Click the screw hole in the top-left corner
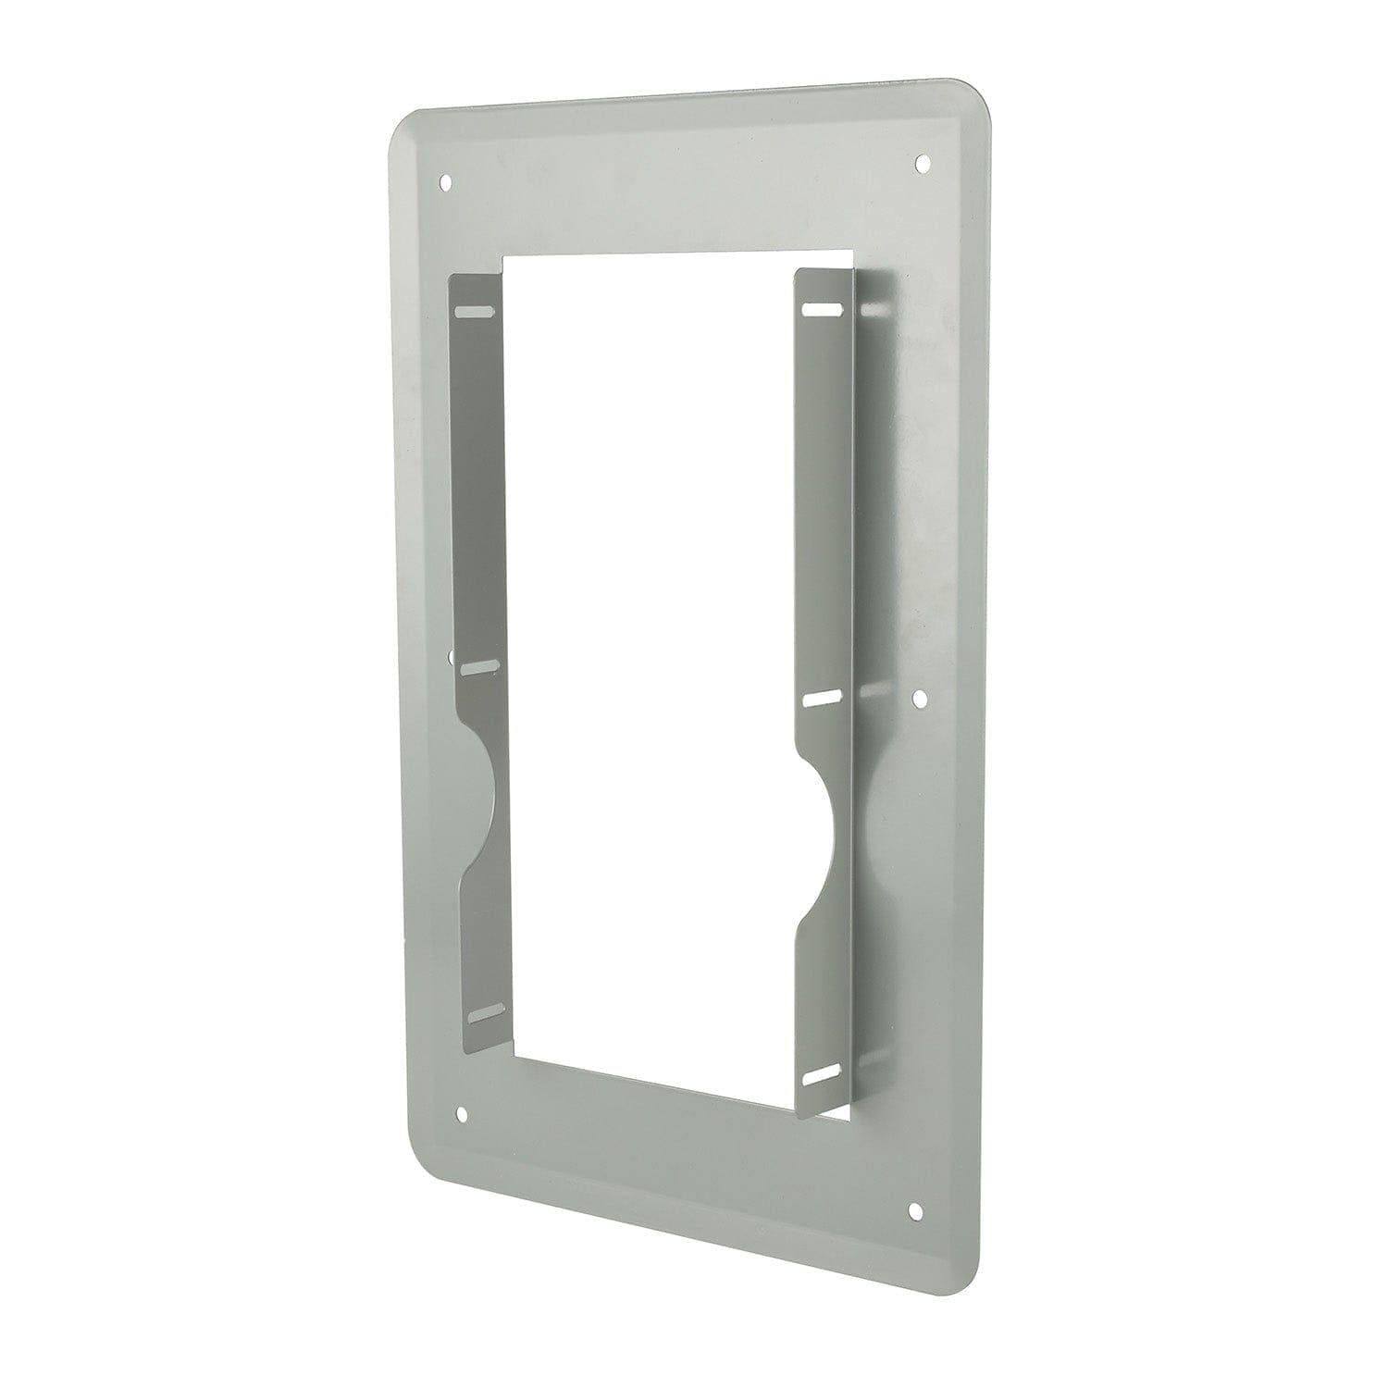[448, 180]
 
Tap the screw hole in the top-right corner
[922, 164]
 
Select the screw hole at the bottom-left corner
[464, 1111]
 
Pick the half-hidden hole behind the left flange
[452, 661]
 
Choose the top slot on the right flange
[821, 307]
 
